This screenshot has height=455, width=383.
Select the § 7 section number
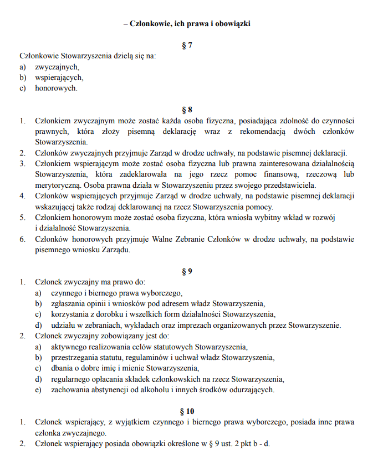187,46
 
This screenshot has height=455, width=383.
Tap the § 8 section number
187,109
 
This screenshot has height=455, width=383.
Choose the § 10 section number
187,412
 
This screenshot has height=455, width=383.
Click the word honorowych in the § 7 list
56,88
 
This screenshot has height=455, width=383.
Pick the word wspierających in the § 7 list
59,77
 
